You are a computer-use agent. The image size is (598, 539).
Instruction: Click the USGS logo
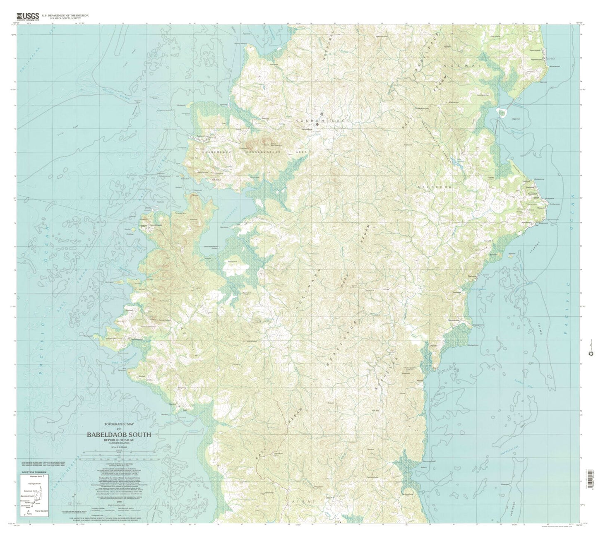[x=28, y=16]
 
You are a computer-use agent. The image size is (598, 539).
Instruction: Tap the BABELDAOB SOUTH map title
[x=119, y=435]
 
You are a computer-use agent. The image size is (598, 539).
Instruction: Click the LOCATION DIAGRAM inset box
[x=35, y=493]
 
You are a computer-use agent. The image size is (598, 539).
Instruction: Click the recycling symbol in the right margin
[x=590, y=353]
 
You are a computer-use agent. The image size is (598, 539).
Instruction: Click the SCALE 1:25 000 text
[x=119, y=447]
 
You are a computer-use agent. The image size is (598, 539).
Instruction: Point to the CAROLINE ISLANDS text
[x=119, y=443]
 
